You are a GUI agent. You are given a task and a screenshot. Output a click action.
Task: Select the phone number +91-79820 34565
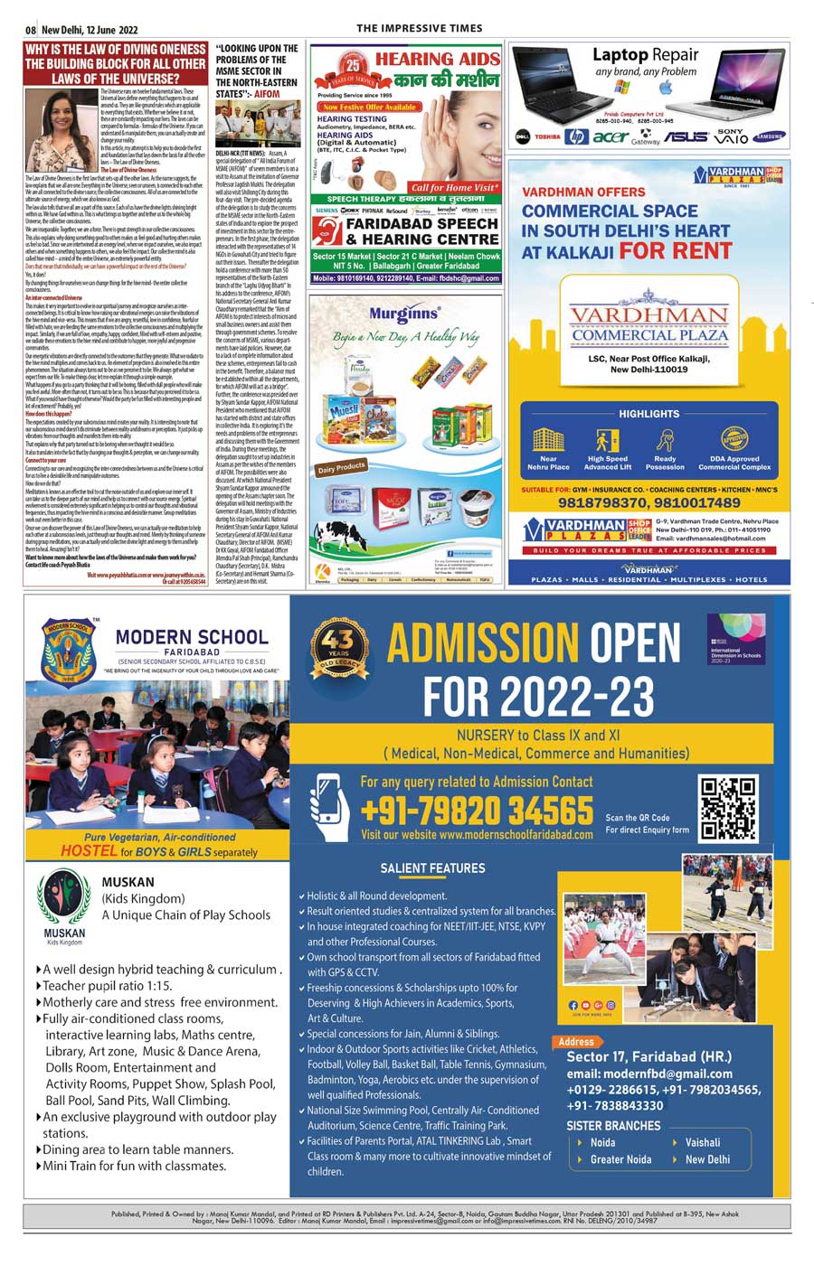coord(477,810)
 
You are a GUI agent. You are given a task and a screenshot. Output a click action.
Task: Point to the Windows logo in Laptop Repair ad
coord(621,88)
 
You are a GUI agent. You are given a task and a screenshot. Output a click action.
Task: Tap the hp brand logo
coord(576,137)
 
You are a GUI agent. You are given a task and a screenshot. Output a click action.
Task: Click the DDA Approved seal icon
coord(734,439)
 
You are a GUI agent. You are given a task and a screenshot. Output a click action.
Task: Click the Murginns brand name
coord(403,314)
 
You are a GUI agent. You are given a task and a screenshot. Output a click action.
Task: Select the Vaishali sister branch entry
coord(702,1142)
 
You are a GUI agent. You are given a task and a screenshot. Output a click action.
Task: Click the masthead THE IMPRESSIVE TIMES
coord(419,28)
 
